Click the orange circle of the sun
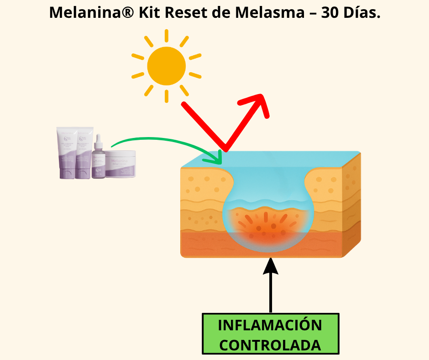(166, 67)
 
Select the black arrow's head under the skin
(271, 265)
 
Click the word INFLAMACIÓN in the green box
(270, 326)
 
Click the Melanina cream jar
(120, 164)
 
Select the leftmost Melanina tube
(66, 153)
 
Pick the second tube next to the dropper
(84, 153)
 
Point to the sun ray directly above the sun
(166, 36)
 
